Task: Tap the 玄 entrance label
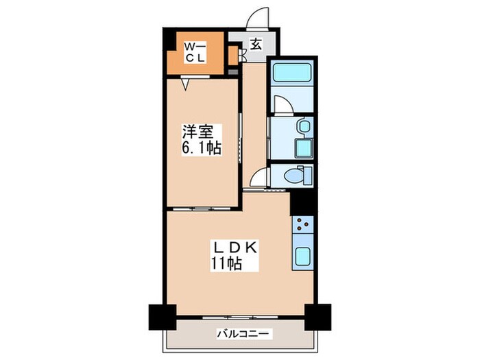255,45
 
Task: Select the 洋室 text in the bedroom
196,130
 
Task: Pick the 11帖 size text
227,265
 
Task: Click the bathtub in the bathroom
291,73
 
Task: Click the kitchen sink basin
302,258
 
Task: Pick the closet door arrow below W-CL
186,84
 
